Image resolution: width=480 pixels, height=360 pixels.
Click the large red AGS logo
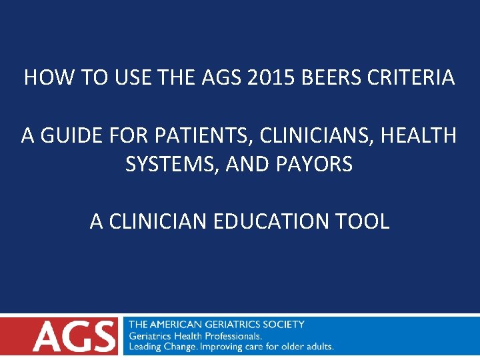(73, 336)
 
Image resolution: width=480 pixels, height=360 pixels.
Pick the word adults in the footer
(317, 347)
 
